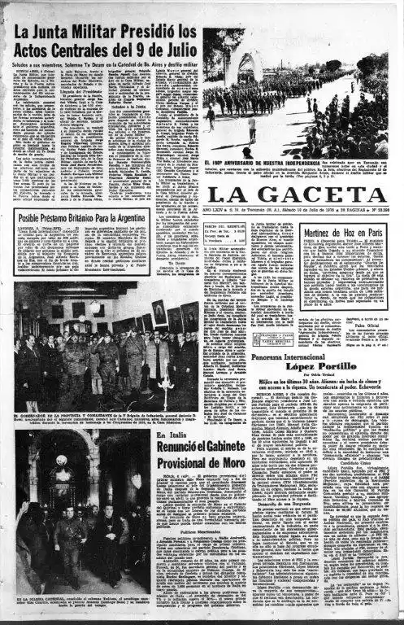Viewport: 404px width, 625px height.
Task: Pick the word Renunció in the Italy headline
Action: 182,447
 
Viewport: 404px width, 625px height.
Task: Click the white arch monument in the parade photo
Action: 247,65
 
